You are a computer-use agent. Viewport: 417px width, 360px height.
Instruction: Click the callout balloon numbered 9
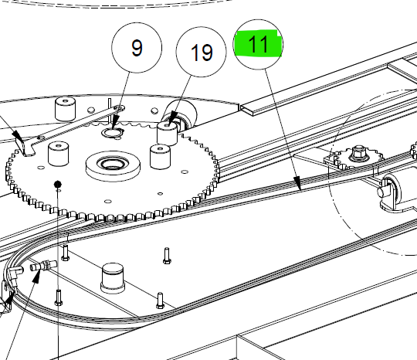tap(137, 48)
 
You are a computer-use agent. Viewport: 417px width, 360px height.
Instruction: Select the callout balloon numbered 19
tap(201, 52)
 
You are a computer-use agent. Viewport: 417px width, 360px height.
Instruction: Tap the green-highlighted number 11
tap(258, 43)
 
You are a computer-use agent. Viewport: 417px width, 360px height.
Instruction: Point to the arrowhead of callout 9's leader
tap(115, 124)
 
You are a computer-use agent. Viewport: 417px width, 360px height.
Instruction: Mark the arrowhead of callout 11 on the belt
tap(297, 182)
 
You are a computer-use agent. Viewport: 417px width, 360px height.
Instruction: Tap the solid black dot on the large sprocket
tap(57, 184)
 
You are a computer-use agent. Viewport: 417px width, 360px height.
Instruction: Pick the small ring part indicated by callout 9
tap(113, 132)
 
